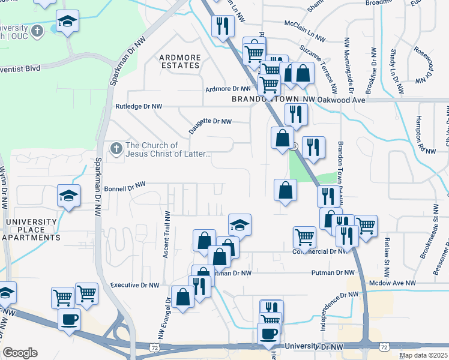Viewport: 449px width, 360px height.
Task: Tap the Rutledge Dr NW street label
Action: pyautogui.click(x=139, y=106)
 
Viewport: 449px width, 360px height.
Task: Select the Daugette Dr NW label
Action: pyautogui.click(x=210, y=121)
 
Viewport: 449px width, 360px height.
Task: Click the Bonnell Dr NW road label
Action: pyautogui.click(x=125, y=187)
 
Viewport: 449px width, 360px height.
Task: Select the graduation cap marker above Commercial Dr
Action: pyautogui.click(x=240, y=225)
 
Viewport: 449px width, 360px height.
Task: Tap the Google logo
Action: pyautogui.click(x=20, y=352)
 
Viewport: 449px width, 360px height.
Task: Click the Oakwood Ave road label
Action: pyautogui.click(x=342, y=100)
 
